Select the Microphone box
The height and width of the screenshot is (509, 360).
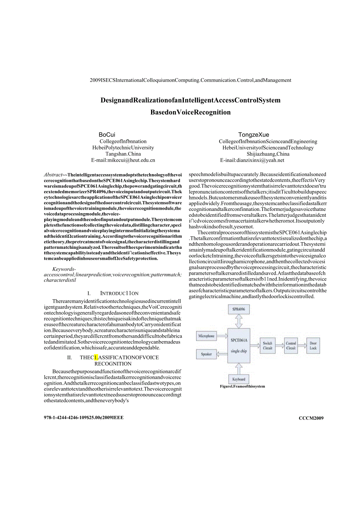[x=206, y=336]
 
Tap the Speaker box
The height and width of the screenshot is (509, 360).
[x=206, y=354]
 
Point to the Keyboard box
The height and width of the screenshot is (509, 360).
[x=239, y=379]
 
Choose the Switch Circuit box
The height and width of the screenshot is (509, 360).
[x=268, y=345]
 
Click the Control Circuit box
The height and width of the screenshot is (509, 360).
[x=291, y=345]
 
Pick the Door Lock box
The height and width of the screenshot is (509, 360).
[x=313, y=345]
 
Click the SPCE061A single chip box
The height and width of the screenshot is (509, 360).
[x=239, y=345]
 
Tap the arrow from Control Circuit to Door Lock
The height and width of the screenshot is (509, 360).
[x=302, y=345]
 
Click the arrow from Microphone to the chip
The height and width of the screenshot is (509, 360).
[x=221, y=336]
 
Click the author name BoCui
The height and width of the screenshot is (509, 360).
[x=107, y=135]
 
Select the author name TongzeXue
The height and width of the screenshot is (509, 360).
[x=254, y=135]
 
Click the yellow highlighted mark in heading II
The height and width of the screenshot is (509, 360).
[x=96, y=357]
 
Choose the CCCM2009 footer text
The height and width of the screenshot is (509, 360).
[x=311, y=418]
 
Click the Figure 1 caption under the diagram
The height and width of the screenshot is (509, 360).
[x=243, y=386]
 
